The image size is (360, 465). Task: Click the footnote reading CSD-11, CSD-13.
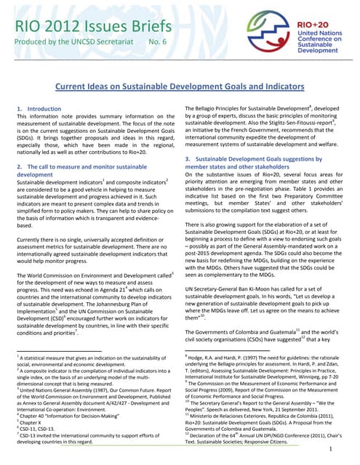(36, 429)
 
